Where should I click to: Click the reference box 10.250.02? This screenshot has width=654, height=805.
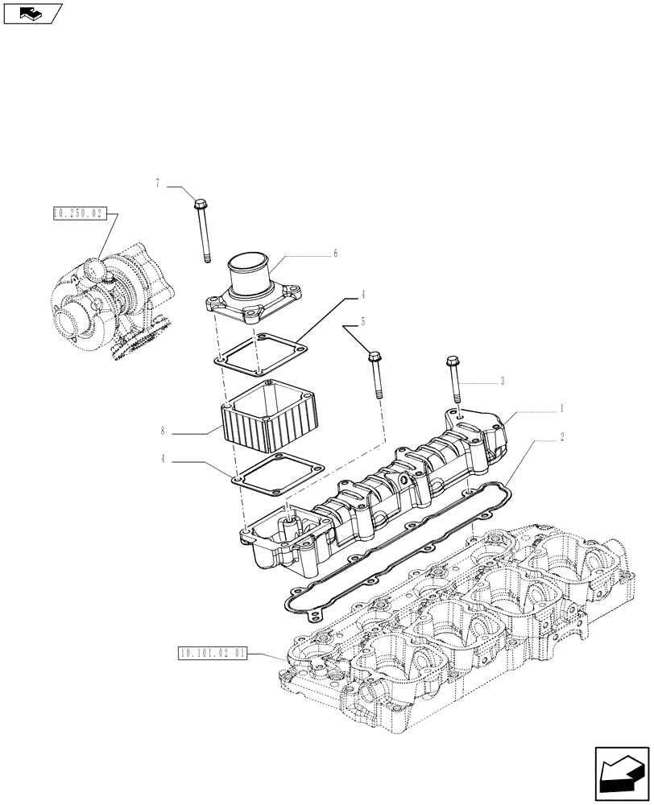[78, 213]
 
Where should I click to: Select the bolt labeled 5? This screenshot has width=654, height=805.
[376, 374]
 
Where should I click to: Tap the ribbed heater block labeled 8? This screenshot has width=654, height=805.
[265, 415]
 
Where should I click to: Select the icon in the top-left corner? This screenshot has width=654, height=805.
[32, 13]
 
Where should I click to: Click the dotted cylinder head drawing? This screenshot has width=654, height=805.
[451, 628]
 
